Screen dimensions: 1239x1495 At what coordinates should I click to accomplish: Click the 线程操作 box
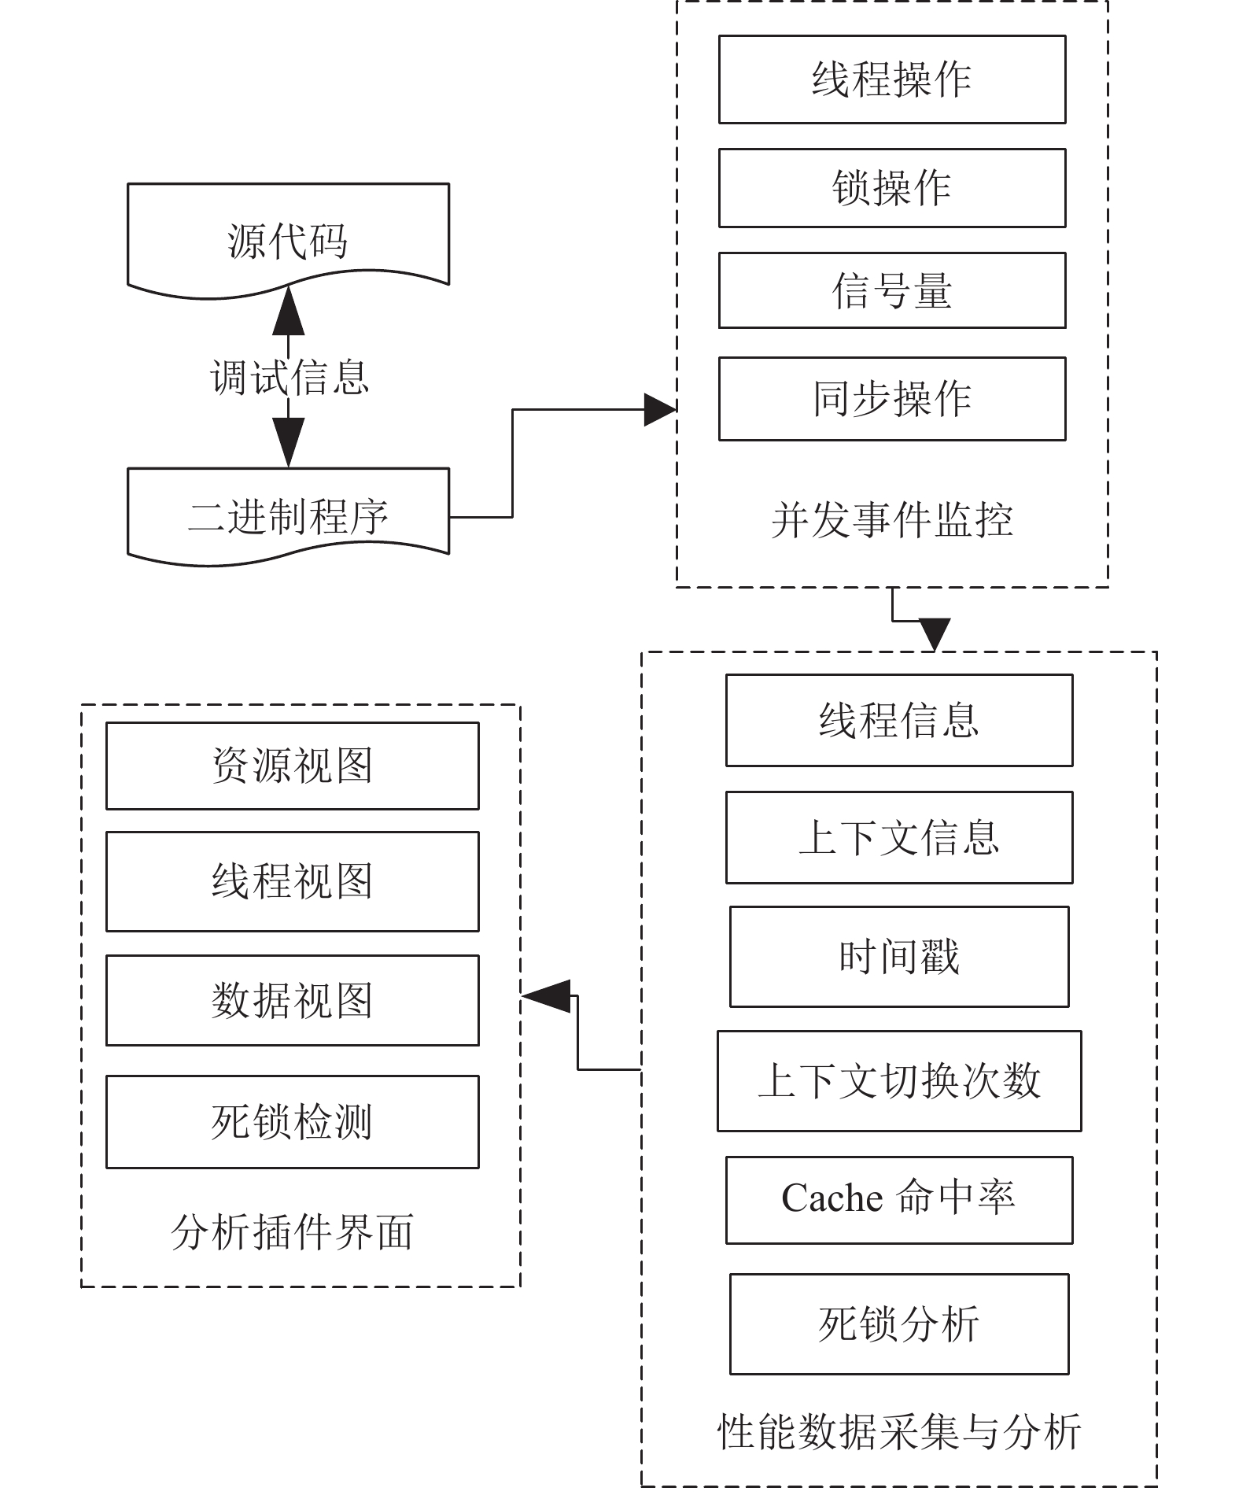pos(892,79)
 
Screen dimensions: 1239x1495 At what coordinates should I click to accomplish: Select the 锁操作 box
pos(892,188)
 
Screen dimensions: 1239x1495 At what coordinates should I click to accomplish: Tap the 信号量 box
pos(892,290)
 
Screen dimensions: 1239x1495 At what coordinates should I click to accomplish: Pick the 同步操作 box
pos(892,399)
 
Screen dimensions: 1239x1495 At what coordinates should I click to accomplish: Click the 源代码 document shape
pos(289,240)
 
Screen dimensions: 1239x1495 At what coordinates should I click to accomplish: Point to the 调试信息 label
pos(289,378)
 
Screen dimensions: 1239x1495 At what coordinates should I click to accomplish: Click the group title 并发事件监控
pos(892,520)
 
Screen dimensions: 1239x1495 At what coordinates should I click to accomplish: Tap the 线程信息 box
pos(899,720)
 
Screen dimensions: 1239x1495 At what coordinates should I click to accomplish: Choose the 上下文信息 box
pos(899,837)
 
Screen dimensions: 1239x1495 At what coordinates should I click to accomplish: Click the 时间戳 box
pos(899,957)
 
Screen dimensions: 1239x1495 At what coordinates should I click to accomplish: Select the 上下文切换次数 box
pos(899,1081)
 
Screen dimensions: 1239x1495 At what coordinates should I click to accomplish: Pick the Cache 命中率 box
pos(899,1200)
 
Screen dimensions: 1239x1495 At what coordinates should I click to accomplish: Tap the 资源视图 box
pos(293,766)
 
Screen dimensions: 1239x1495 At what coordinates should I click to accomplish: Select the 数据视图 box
pos(293,1000)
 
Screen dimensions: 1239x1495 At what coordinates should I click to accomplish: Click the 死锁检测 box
pos(293,1122)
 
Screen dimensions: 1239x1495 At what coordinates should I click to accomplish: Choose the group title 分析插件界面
pos(293,1232)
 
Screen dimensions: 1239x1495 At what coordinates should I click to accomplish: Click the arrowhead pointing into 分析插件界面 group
pos(545,996)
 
